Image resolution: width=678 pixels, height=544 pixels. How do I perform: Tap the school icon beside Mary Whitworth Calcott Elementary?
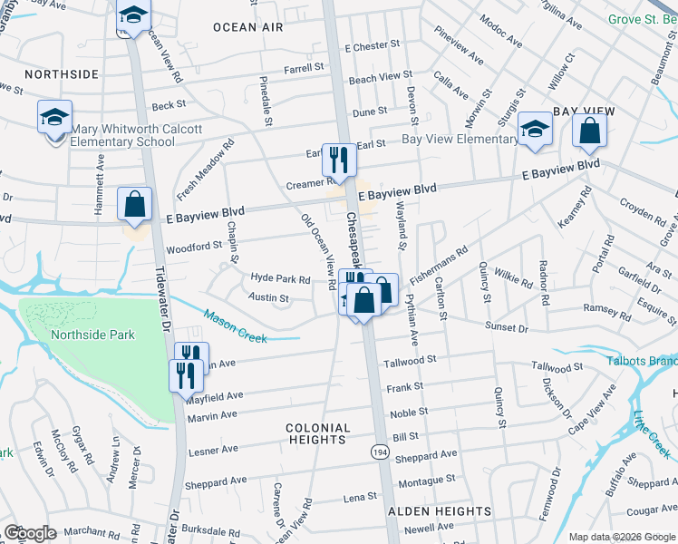coord(54,119)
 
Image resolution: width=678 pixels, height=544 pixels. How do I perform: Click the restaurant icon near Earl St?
coord(339,160)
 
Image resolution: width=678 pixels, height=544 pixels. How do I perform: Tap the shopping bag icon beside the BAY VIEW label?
coord(589,131)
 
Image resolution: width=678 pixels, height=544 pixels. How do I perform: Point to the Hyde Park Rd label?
coord(281,279)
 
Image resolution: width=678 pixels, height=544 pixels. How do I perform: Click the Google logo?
coord(30,533)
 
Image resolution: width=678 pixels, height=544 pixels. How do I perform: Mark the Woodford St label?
coord(193,247)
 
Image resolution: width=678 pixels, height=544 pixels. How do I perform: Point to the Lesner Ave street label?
coord(212,450)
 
